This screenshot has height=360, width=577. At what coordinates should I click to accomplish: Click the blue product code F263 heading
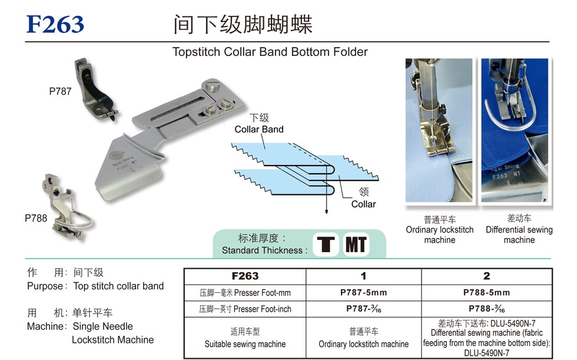coord(55,24)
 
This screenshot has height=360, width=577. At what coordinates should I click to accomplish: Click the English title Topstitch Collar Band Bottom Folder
coord(270,52)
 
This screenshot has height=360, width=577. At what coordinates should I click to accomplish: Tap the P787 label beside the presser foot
coord(60,91)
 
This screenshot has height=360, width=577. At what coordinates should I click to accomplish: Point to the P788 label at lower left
coord(36,218)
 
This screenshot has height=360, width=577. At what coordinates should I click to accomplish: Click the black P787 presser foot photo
coord(95,90)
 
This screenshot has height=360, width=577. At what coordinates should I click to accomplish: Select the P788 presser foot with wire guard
coord(68,208)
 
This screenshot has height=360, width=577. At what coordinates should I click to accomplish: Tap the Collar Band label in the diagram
coord(259,129)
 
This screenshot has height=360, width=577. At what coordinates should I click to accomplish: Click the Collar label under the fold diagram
coord(364,204)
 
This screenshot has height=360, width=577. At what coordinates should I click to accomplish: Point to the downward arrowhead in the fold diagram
coord(326,211)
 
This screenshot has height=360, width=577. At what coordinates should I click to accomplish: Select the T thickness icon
coord(326,245)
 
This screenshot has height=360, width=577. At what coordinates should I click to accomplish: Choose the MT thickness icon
coord(356,245)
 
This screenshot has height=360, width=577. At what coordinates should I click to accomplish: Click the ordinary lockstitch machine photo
coord(439,130)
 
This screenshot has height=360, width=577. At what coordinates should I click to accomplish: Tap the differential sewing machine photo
coord(515,130)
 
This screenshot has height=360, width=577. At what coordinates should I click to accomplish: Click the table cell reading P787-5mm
coord(364,293)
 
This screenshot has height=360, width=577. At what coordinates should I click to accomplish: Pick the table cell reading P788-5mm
coord(486,293)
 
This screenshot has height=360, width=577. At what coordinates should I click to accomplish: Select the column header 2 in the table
coord(486,276)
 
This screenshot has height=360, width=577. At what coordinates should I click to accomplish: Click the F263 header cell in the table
coord(245,276)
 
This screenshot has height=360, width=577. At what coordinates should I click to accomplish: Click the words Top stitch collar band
coord(118,286)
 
